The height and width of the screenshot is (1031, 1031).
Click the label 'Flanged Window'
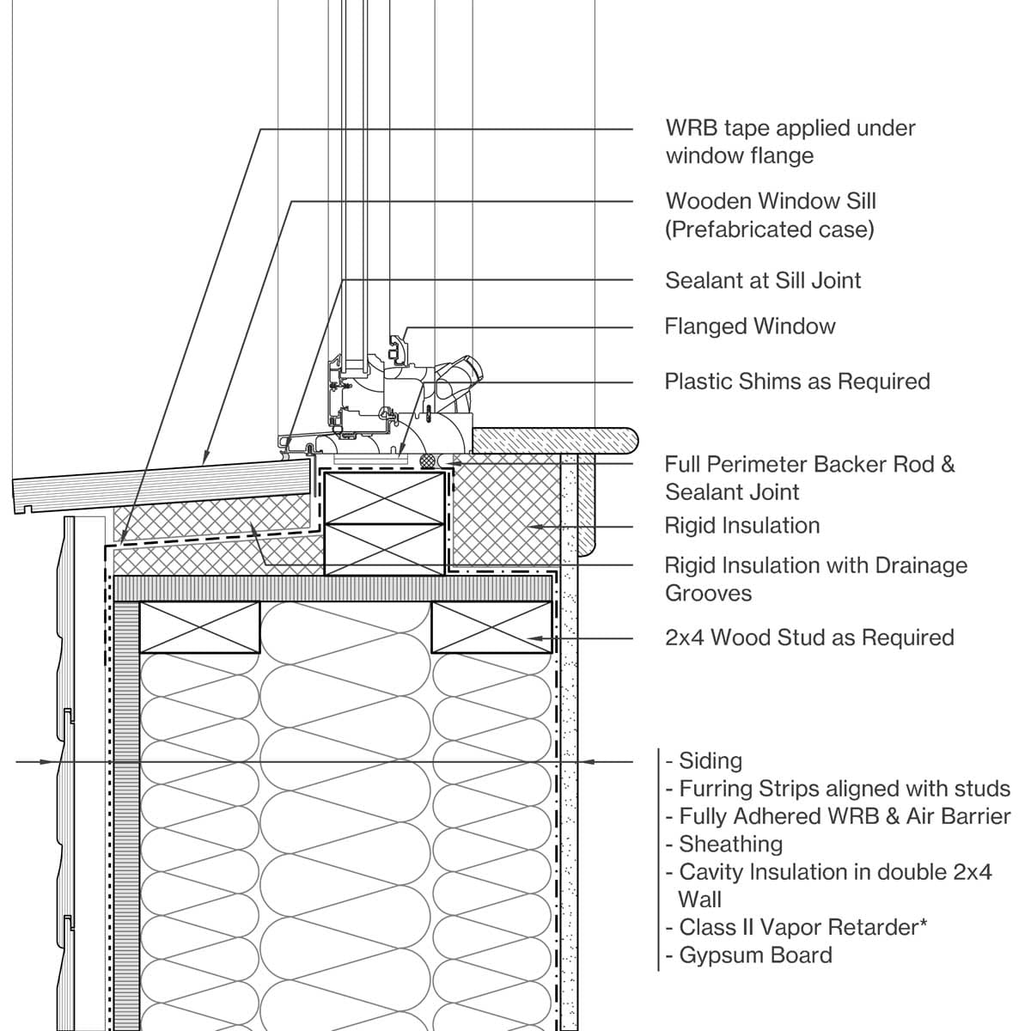click(749, 326)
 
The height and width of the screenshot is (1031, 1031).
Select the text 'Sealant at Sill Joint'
click(762, 280)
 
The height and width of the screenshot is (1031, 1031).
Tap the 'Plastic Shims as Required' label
click(796, 381)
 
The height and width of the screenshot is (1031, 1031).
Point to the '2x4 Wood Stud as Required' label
click(808, 638)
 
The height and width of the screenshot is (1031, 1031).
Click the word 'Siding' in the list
click(710, 761)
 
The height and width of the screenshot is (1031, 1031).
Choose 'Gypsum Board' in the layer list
click(754, 955)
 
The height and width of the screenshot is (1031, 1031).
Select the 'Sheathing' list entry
click(730, 845)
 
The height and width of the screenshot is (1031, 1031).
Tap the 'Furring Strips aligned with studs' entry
click(844, 789)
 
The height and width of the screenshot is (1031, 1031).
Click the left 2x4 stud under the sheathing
click(199, 628)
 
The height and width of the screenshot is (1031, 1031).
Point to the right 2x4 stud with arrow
click(491, 628)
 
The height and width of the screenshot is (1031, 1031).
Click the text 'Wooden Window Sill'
click(770, 202)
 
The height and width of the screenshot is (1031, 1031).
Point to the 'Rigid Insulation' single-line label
click(741, 526)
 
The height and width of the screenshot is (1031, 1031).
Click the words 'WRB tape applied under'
click(790, 129)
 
